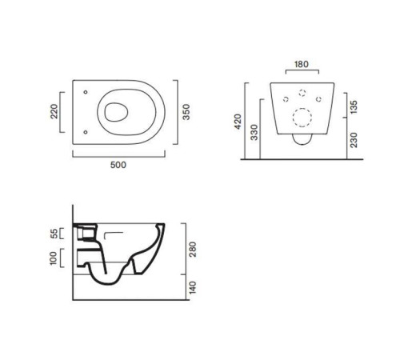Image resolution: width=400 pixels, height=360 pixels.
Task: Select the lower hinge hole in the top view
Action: (x=86, y=128)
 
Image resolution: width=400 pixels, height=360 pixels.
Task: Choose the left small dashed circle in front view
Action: (x=286, y=99)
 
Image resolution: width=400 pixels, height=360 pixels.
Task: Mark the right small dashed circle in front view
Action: (x=319, y=99)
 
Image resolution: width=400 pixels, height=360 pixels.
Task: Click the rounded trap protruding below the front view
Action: (x=302, y=142)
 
